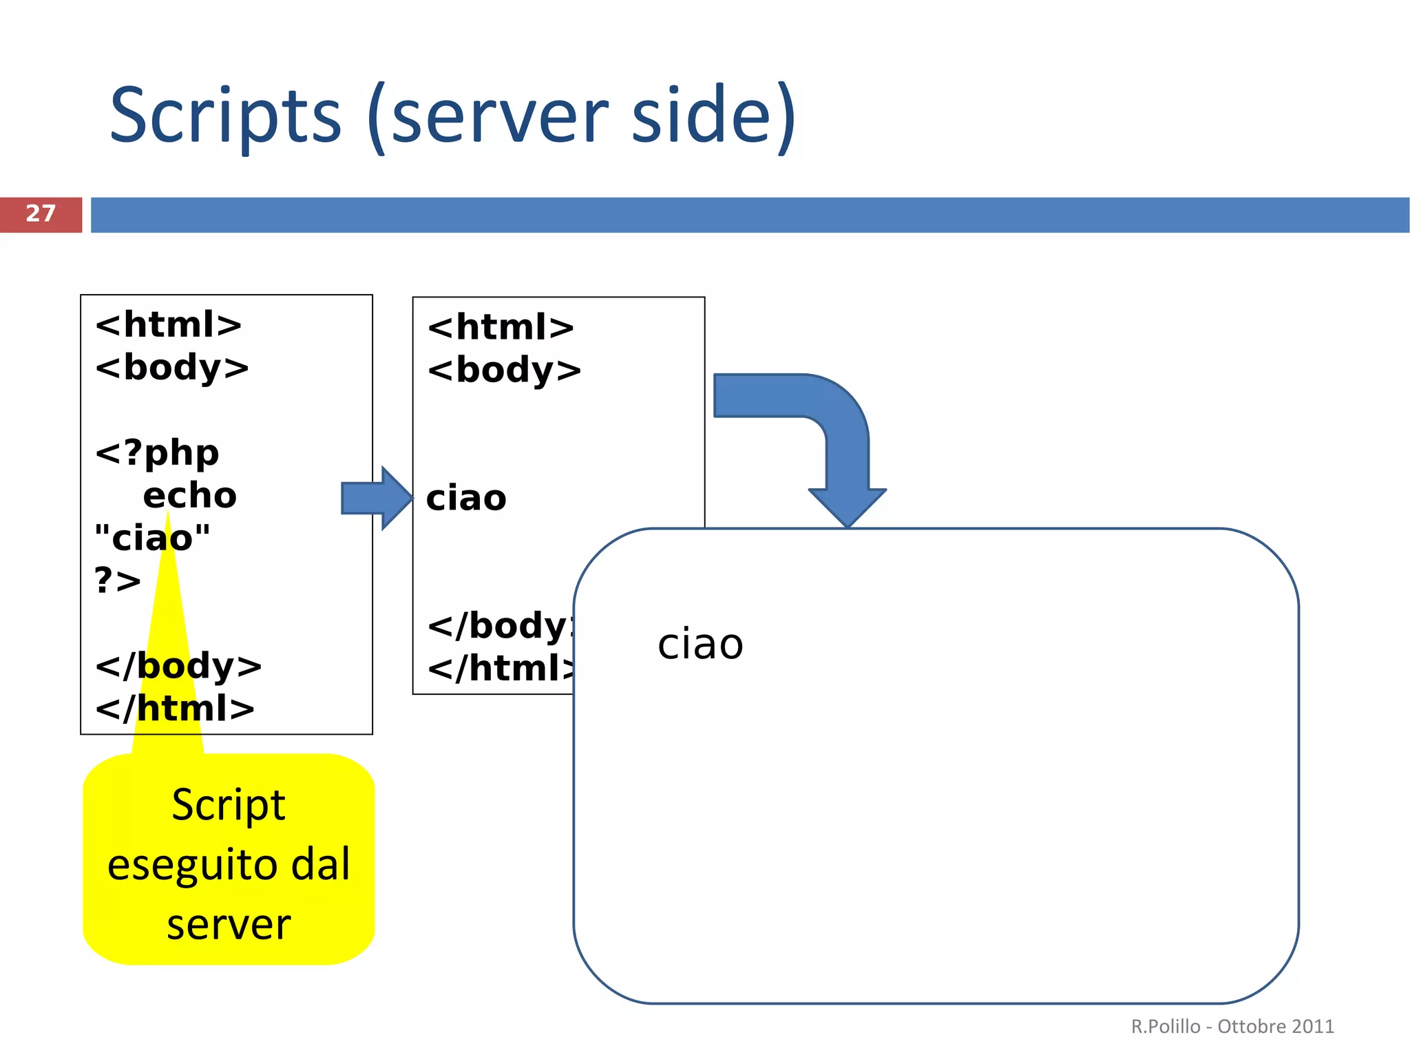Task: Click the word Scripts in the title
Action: pos(225,116)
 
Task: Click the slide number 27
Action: pos(41,213)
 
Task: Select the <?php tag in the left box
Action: pos(157,453)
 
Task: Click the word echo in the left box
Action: pos(189,496)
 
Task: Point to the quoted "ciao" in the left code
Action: pos(152,538)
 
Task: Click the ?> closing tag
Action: pos(118,580)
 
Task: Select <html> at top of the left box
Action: pos(169,324)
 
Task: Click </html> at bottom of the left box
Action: pos(175,709)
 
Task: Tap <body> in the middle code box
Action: pos(504,370)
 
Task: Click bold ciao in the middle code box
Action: pos(466,498)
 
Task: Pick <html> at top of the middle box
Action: pos(501,328)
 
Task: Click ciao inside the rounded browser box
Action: pos(700,645)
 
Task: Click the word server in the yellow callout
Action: pos(229,924)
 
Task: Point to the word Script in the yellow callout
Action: pos(229,805)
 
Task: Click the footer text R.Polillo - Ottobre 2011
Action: pos(1232,1027)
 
